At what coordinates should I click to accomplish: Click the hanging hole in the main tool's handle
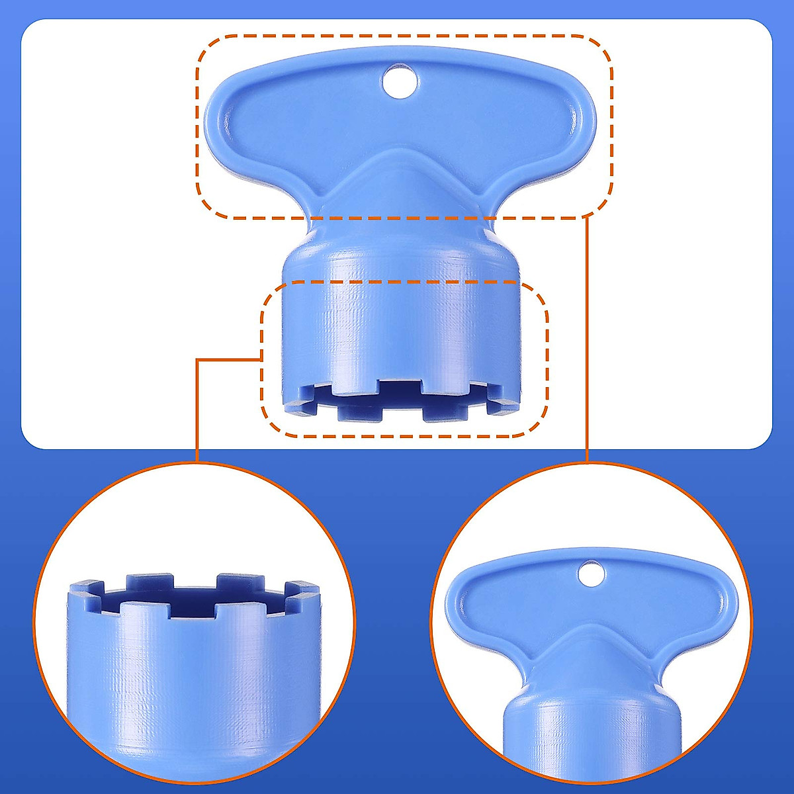click(400, 81)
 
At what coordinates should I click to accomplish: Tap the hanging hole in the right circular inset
click(591, 573)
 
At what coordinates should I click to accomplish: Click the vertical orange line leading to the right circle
click(588, 344)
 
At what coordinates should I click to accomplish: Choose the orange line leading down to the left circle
click(197, 410)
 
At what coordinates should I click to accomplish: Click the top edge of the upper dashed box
click(404, 36)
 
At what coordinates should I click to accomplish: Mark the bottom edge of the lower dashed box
click(404, 436)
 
